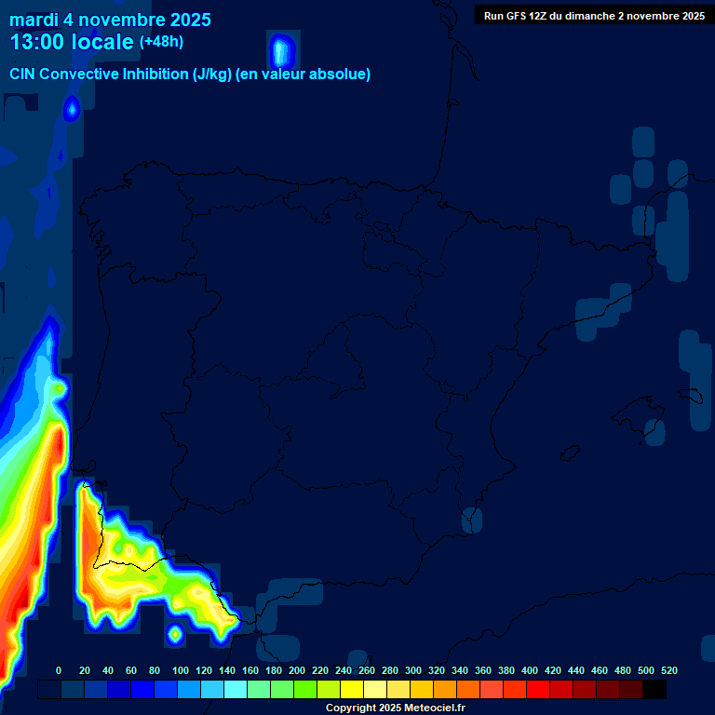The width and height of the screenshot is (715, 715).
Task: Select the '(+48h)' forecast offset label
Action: pyautogui.click(x=161, y=41)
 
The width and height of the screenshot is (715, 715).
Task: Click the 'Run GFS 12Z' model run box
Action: pyautogui.click(x=593, y=16)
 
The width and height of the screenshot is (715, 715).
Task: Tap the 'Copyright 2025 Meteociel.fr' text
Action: pyautogui.click(x=395, y=708)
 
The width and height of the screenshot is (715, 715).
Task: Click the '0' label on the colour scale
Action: pyautogui.click(x=59, y=670)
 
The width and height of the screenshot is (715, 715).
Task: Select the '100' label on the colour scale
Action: pyautogui.click(x=180, y=670)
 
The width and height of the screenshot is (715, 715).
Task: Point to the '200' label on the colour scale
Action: pyautogui.click(x=296, y=670)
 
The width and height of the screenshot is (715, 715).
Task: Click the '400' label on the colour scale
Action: pyautogui.click(x=529, y=670)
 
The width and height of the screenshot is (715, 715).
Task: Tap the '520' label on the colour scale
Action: pyautogui.click(x=668, y=670)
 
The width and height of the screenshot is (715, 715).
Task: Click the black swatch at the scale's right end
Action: pyautogui.click(x=654, y=689)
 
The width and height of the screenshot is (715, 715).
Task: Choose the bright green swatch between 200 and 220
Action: pyautogui.click(x=305, y=689)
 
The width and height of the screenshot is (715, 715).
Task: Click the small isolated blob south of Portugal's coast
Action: pyautogui.click(x=174, y=634)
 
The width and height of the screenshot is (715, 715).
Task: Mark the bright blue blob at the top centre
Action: pyautogui.click(x=281, y=50)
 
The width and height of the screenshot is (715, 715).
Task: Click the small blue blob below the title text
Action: pyautogui.click(x=72, y=110)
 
